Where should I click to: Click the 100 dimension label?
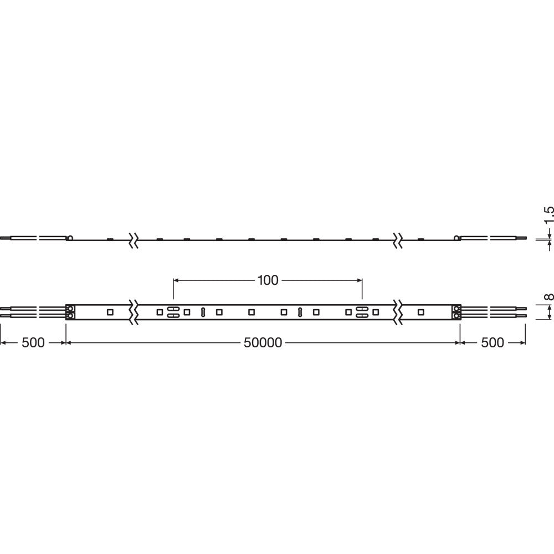268,280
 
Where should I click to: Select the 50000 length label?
263,342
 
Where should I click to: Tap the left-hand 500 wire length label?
33,342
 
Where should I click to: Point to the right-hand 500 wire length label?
492,342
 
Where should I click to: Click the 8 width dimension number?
548,296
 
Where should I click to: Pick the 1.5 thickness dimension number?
548,215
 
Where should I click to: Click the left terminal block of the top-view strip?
70,312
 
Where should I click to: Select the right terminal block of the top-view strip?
456,312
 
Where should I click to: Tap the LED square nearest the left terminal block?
110,312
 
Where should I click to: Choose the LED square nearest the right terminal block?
420,312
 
